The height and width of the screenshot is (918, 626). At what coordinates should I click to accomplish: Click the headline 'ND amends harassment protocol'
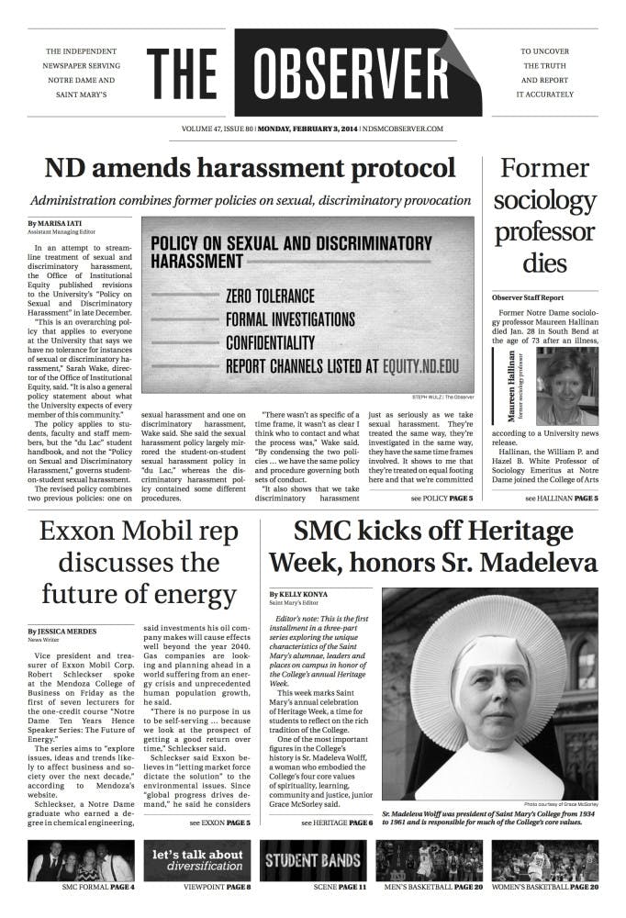tap(251, 168)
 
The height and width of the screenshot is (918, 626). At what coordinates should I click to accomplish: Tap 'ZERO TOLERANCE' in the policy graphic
tap(270, 297)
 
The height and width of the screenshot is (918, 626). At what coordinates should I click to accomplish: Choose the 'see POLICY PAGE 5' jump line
tap(442, 498)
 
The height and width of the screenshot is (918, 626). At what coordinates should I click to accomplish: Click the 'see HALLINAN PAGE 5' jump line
tap(561, 498)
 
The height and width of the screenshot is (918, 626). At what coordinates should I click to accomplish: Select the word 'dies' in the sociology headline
tap(544, 263)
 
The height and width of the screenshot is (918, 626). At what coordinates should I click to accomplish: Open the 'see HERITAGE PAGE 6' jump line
tap(337, 823)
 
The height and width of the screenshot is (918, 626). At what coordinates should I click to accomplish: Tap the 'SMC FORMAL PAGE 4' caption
tap(80, 888)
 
